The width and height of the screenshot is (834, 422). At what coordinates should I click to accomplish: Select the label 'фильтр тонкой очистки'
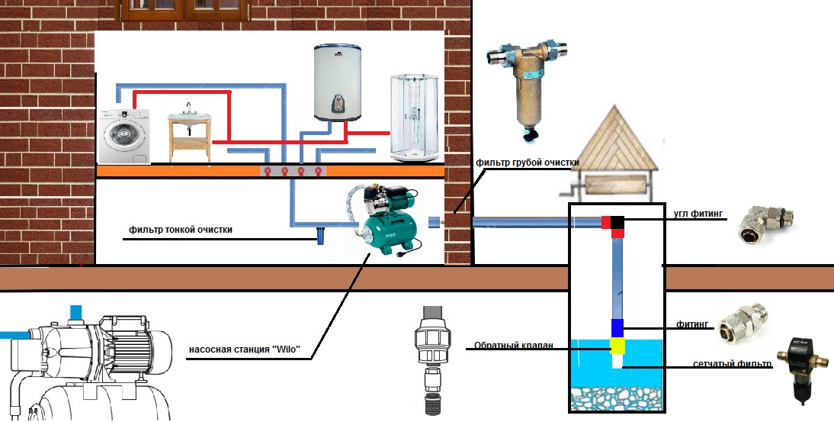tap(180, 230)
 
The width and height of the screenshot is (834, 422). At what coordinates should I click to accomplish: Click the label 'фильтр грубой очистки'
tap(528, 163)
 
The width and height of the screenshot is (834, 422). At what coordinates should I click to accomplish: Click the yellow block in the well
tap(617, 346)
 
